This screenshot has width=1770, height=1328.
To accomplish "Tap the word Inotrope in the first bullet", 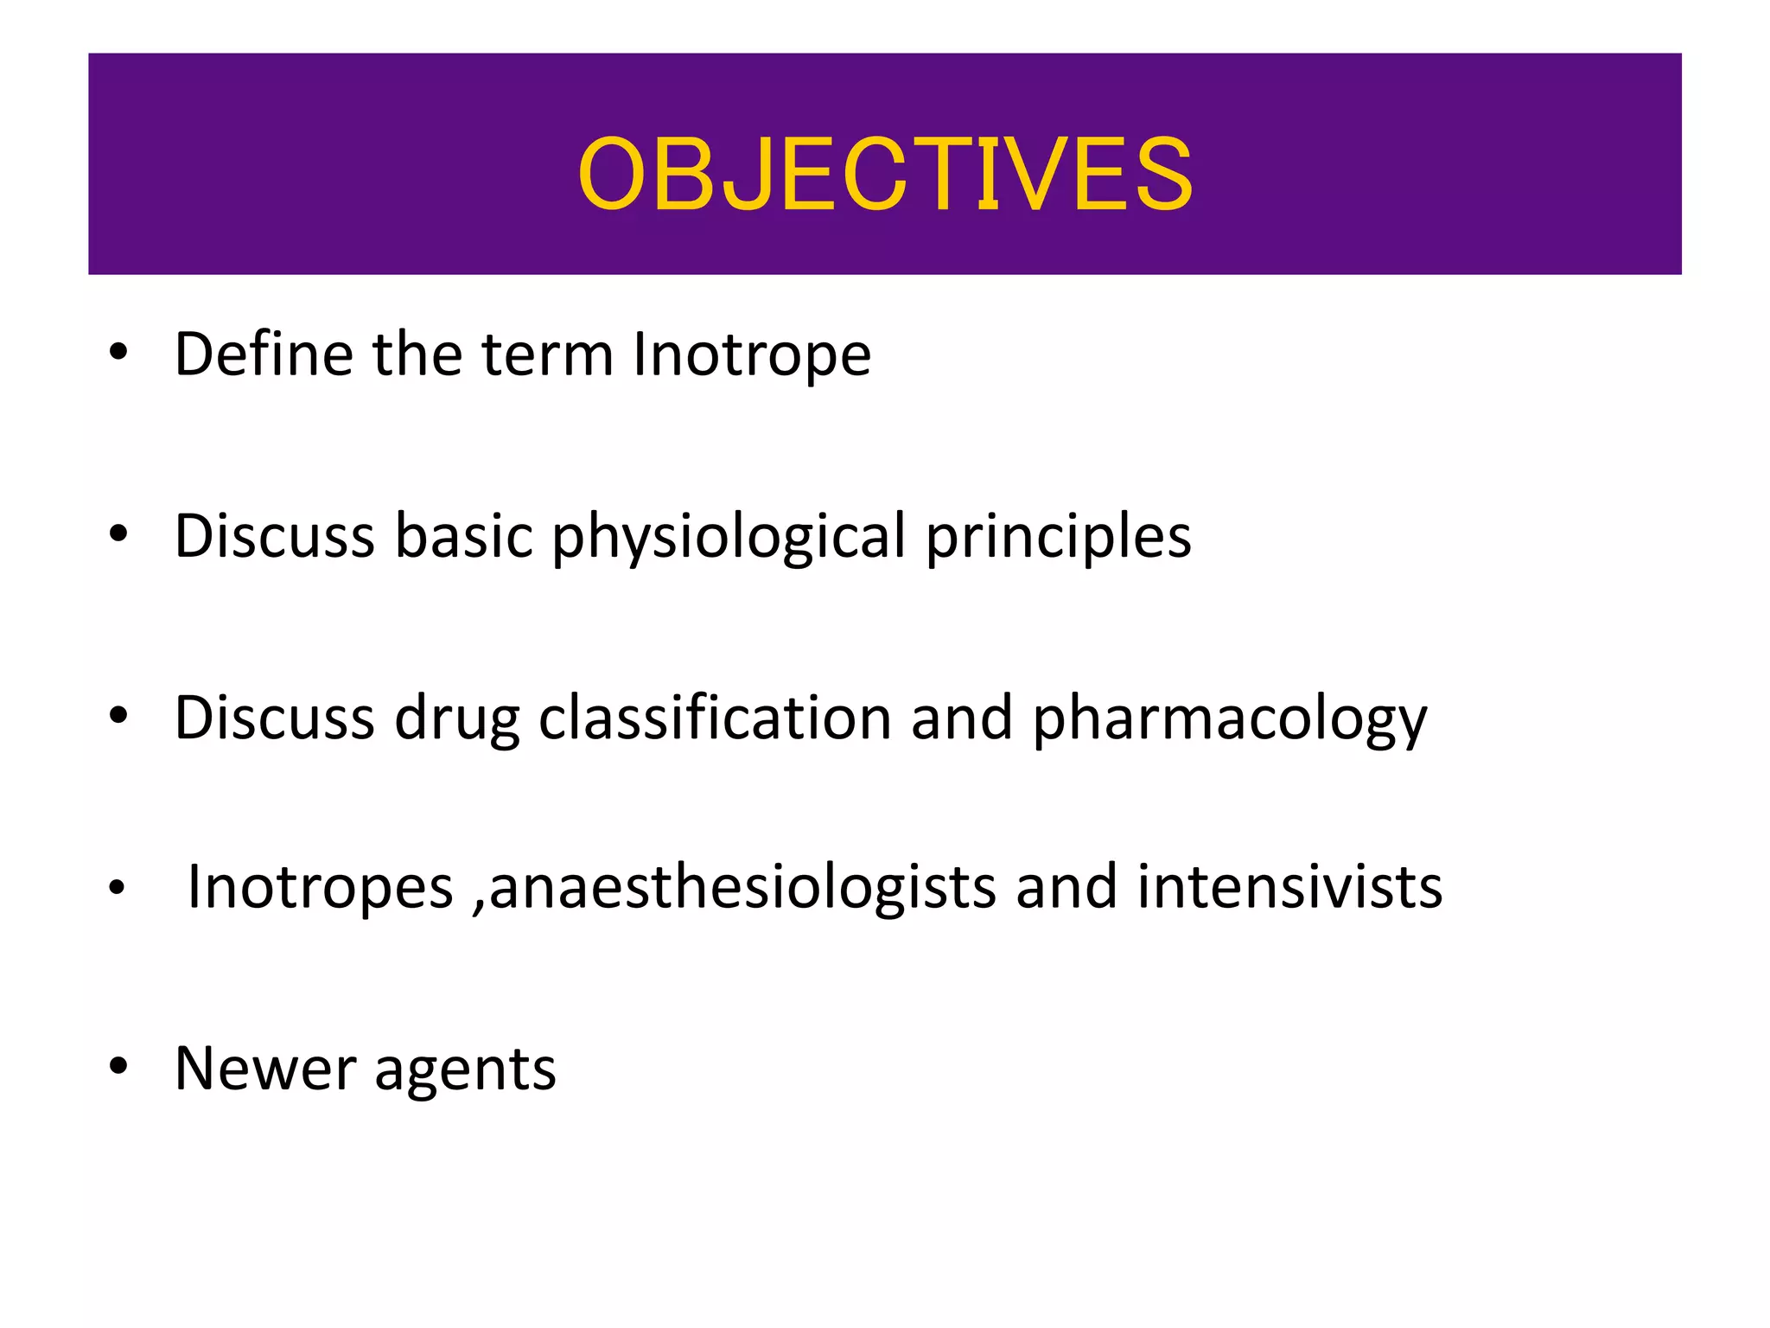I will (x=751, y=355).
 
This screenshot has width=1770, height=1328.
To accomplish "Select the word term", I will (x=546, y=355).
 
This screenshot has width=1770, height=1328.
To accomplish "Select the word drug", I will (x=456, y=719).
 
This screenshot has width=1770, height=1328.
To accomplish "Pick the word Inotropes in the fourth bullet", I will (x=320, y=887).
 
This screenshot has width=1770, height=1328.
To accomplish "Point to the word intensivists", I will (x=1289, y=887).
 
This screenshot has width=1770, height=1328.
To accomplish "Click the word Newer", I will (x=264, y=1069).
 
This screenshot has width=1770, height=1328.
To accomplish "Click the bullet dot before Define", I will (x=118, y=353).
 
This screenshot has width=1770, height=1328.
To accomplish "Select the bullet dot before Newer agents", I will (x=118, y=1068).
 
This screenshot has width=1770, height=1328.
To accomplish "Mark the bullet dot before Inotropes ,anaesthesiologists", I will (x=118, y=888).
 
